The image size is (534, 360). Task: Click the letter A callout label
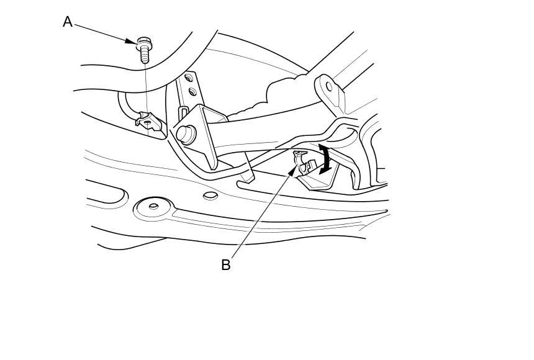point(68,22)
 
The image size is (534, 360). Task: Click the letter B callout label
point(225,265)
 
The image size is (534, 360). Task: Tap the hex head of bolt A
point(144,43)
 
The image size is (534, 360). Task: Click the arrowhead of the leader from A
point(132,42)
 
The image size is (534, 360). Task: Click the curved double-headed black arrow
point(324,158)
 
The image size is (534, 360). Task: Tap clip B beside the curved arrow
point(303,162)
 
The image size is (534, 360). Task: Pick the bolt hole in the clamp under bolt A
point(148,122)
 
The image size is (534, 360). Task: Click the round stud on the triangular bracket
point(184,132)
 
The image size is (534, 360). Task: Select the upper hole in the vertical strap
point(188,80)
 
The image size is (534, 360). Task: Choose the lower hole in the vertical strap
point(192,92)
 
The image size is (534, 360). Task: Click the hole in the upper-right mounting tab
point(329,86)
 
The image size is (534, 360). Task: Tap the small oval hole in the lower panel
point(210,196)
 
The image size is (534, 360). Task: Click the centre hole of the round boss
point(153,207)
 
